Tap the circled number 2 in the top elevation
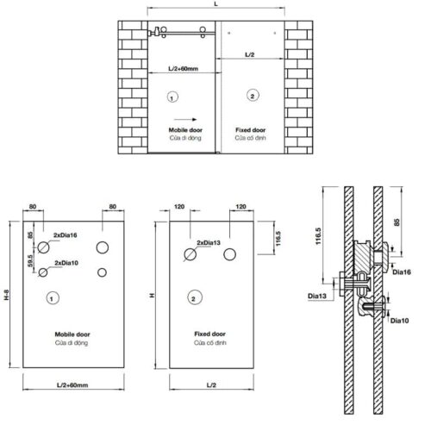coord(252,94)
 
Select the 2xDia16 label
coord(65,235)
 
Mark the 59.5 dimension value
coord(31,262)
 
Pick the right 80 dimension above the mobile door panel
coord(113,208)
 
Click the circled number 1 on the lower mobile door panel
coord(52,298)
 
